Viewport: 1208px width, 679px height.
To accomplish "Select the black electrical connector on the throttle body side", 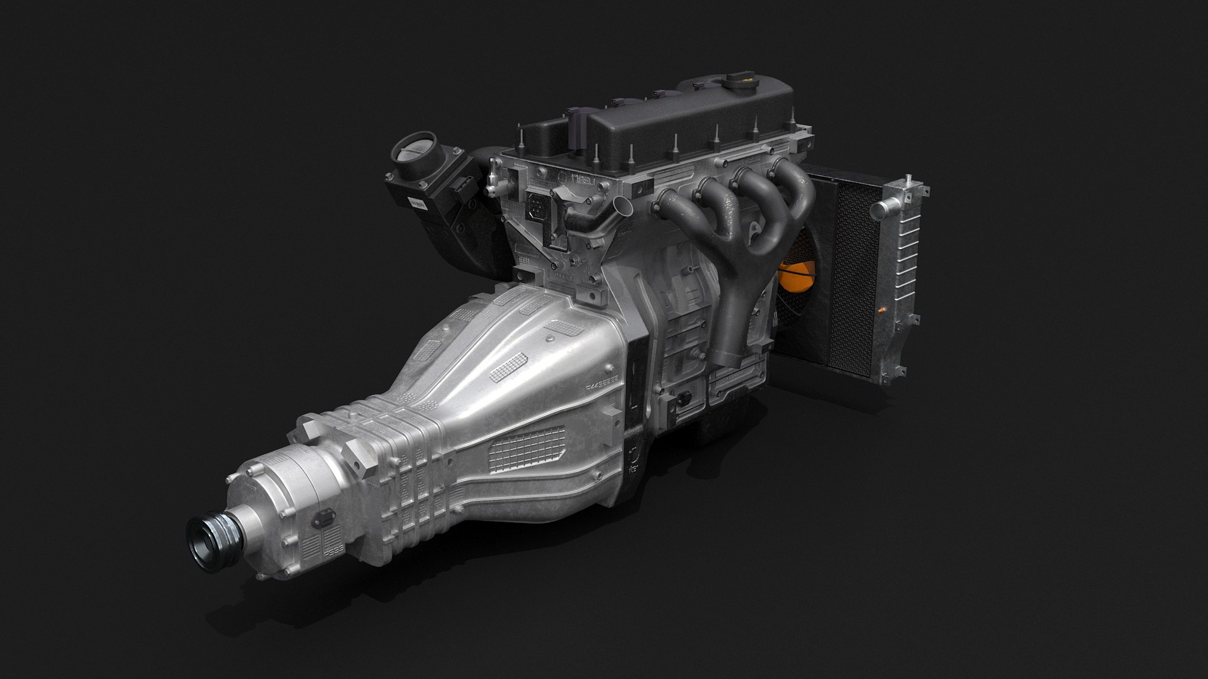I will pyautogui.click(x=463, y=185).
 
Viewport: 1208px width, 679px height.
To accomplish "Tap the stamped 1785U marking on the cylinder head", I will pyautogui.click(x=574, y=181).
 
